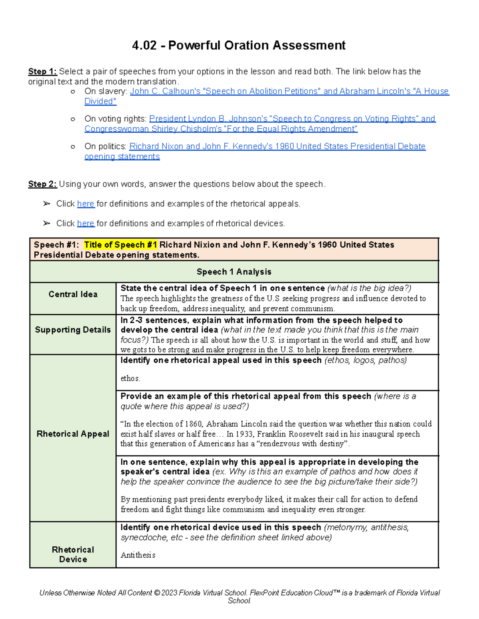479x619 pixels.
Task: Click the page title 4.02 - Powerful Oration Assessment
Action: (x=239, y=45)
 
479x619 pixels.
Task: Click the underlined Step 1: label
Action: (x=42, y=72)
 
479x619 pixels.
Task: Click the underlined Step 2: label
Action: (x=42, y=184)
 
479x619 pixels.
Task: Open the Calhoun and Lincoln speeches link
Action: (x=289, y=91)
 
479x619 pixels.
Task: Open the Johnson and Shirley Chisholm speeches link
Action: (x=292, y=119)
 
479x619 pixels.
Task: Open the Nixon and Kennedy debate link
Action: (x=277, y=146)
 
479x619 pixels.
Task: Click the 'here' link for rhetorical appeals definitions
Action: (x=85, y=204)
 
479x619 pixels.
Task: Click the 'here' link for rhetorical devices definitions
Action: (x=85, y=223)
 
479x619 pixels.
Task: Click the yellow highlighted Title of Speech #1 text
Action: (x=121, y=245)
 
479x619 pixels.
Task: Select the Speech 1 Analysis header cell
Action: (x=234, y=272)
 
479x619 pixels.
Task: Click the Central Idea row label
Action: (x=73, y=294)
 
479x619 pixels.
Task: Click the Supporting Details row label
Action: (x=73, y=330)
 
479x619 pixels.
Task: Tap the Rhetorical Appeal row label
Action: (x=73, y=434)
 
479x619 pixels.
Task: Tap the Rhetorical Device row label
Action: (x=73, y=554)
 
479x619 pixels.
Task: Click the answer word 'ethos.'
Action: (x=130, y=378)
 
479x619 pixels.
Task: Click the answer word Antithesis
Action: (x=138, y=555)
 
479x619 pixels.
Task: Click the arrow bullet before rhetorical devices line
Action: (x=47, y=223)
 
